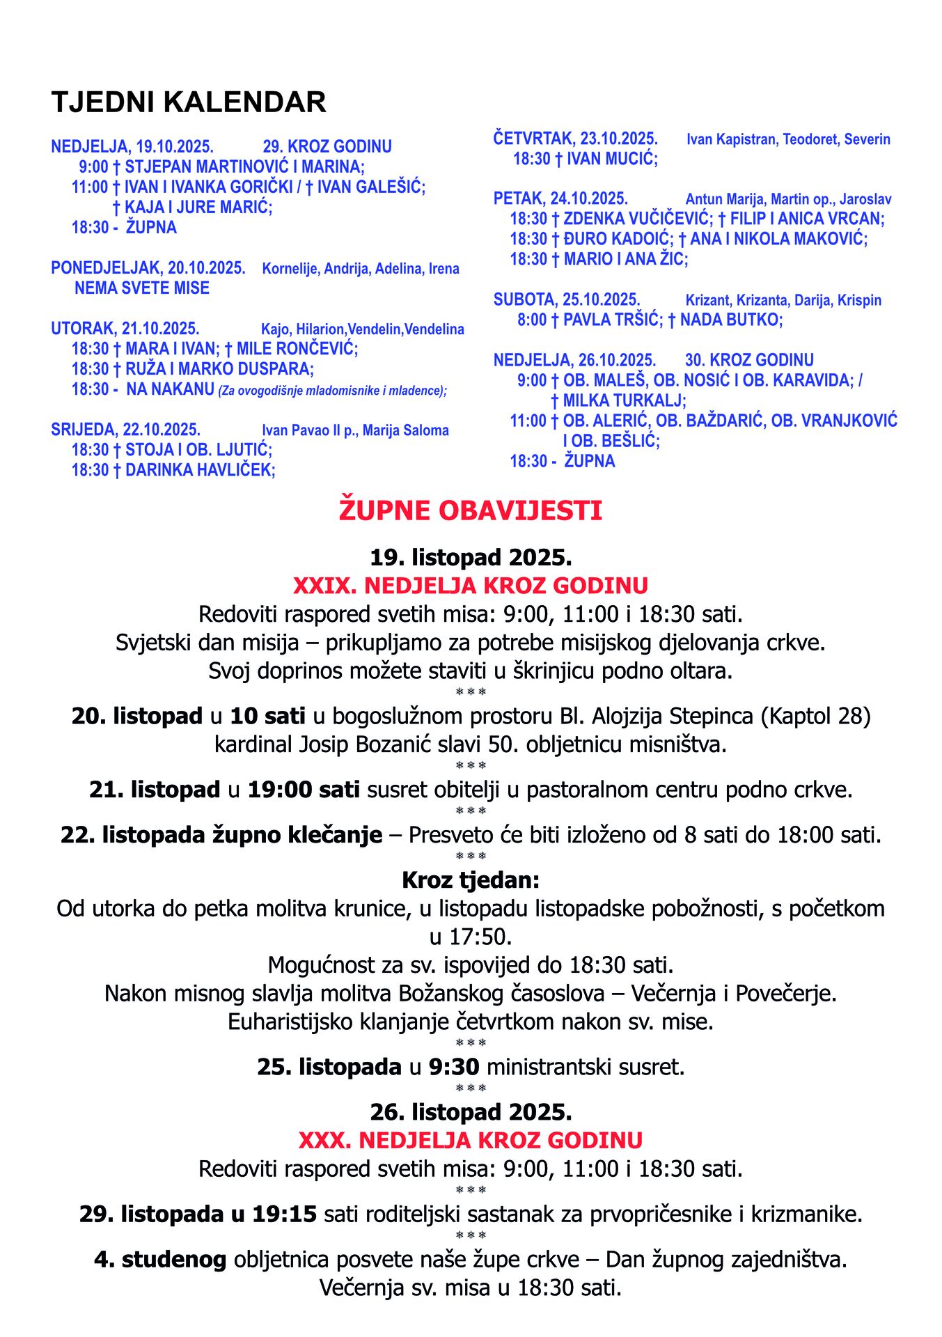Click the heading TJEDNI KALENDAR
point(189,102)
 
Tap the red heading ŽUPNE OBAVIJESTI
point(471,510)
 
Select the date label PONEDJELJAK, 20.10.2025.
point(148,268)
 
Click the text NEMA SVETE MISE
point(142,288)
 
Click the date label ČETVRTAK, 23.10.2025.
point(575,139)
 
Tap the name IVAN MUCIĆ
point(611,159)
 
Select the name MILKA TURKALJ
point(624,400)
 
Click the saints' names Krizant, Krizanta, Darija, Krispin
point(783,300)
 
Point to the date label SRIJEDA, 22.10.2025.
point(125,430)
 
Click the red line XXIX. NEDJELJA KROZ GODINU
point(471,585)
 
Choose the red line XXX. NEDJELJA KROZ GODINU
point(471,1140)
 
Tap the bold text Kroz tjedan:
point(471,880)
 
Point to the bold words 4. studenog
point(160,1259)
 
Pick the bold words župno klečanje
point(297,834)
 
